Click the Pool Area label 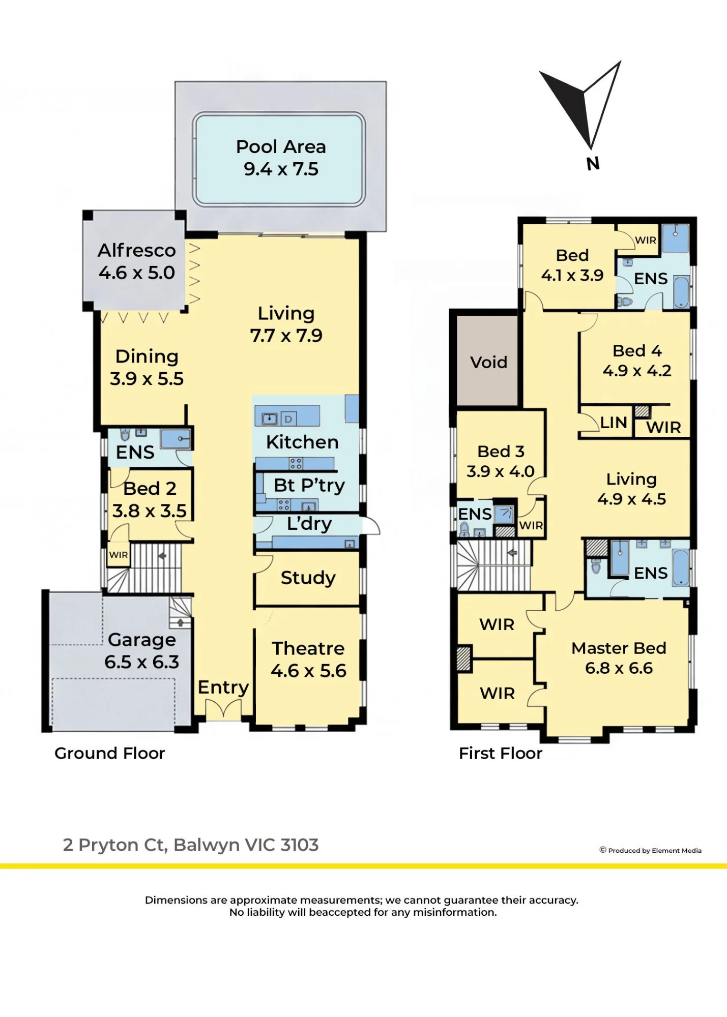pyautogui.click(x=281, y=147)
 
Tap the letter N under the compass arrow pyautogui.click(x=593, y=164)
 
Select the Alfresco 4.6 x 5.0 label pyautogui.click(x=137, y=261)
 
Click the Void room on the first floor pyautogui.click(x=488, y=362)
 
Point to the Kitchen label pyautogui.click(x=302, y=442)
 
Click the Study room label pyautogui.click(x=308, y=578)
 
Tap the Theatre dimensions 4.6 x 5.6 pyautogui.click(x=308, y=671)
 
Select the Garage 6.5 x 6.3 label pyautogui.click(x=142, y=651)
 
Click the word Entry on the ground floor pyautogui.click(x=223, y=687)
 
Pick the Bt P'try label pyautogui.click(x=309, y=485)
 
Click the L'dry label pyautogui.click(x=309, y=524)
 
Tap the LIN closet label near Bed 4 pyautogui.click(x=614, y=423)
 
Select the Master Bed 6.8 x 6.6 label pyautogui.click(x=619, y=658)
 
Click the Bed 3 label pyautogui.click(x=501, y=452)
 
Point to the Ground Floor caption pyautogui.click(x=110, y=753)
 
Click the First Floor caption pyautogui.click(x=501, y=753)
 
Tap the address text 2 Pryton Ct pyautogui.click(x=115, y=845)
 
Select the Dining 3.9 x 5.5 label pyautogui.click(x=147, y=368)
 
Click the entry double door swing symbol pyautogui.click(x=223, y=709)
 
